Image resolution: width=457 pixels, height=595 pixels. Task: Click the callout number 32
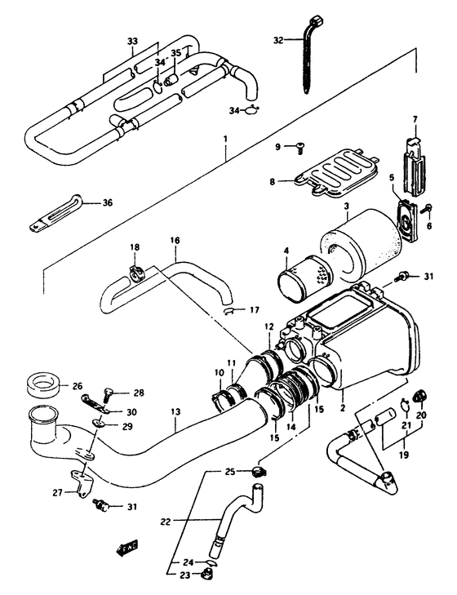[x=277, y=39]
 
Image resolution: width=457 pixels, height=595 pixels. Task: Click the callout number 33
[x=133, y=42]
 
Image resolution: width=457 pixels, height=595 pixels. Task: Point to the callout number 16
[x=174, y=241]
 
